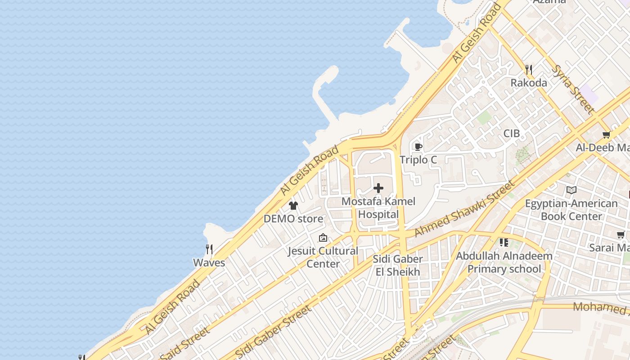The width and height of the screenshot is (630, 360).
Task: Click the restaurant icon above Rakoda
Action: pyautogui.click(x=529, y=70)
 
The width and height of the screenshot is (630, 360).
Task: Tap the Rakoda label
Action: pyautogui.click(x=529, y=83)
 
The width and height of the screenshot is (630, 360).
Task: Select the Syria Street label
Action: pyautogui.click(x=573, y=89)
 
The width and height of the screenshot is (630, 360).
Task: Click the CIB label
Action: pyautogui.click(x=511, y=134)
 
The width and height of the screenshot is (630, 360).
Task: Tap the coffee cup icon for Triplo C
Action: pyautogui.click(x=418, y=147)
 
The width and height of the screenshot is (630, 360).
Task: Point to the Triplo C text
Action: pyautogui.click(x=418, y=160)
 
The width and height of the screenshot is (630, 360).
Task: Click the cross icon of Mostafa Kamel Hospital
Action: pyautogui.click(x=378, y=188)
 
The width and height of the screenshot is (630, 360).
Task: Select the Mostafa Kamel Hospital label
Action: pyautogui.click(x=378, y=208)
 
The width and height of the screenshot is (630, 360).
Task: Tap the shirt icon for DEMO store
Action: pyautogui.click(x=293, y=206)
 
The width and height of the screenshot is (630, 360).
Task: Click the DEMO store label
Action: pyautogui.click(x=293, y=219)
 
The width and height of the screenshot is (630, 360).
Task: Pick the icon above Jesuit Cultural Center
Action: pyautogui.click(x=323, y=238)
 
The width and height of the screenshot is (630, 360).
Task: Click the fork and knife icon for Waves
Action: pyautogui.click(x=209, y=249)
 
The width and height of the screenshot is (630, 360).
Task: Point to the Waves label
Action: pyautogui.click(x=209, y=262)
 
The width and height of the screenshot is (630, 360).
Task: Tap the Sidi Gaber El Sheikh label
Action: pyautogui.click(x=398, y=265)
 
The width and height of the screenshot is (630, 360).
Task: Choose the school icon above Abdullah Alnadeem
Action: pyautogui.click(x=504, y=243)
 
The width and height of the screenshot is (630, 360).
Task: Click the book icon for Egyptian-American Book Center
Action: pyautogui.click(x=571, y=190)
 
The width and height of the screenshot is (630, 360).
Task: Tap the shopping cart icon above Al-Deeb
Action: pyautogui.click(x=607, y=135)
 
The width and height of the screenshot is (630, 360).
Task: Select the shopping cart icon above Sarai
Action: pyautogui.click(x=621, y=234)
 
